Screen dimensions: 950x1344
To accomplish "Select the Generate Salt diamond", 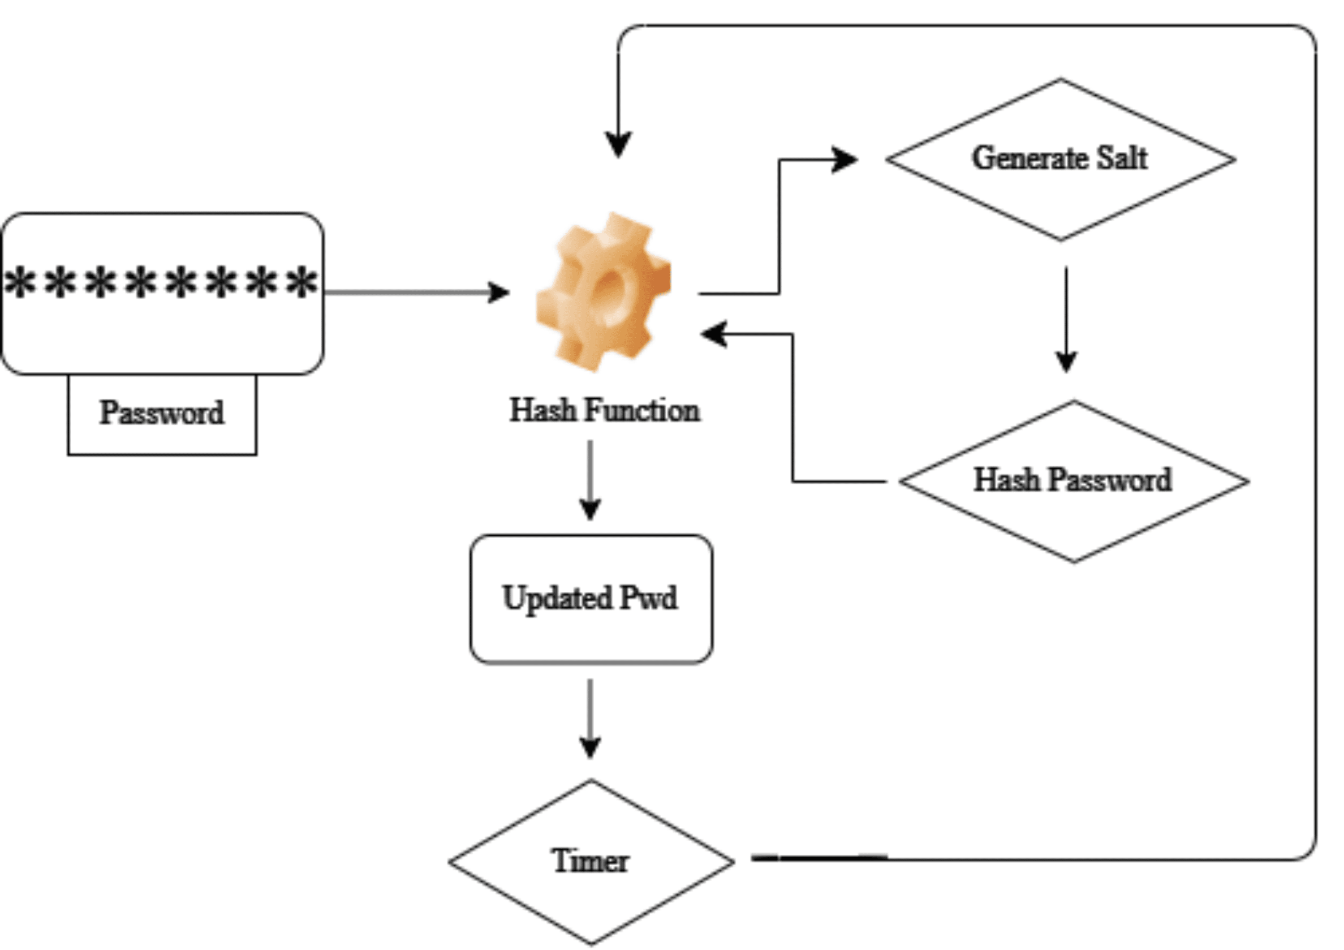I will pyautogui.click(x=1060, y=159).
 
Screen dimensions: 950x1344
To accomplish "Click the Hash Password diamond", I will pyautogui.click(x=1073, y=481).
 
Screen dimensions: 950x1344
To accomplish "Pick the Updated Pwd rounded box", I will pyautogui.click(x=591, y=599).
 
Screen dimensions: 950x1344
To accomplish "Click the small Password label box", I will pyautogui.click(x=162, y=414).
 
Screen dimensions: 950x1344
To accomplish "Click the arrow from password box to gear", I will pyautogui.click(x=416, y=292).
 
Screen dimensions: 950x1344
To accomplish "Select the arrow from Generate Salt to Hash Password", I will pyautogui.click(x=1066, y=319).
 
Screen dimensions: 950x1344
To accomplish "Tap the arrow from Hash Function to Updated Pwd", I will pyautogui.click(x=590, y=480).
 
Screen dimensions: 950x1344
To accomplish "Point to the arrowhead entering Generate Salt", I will pyautogui.click(x=844, y=159).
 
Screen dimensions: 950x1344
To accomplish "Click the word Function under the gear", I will pyautogui.click(x=642, y=410).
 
